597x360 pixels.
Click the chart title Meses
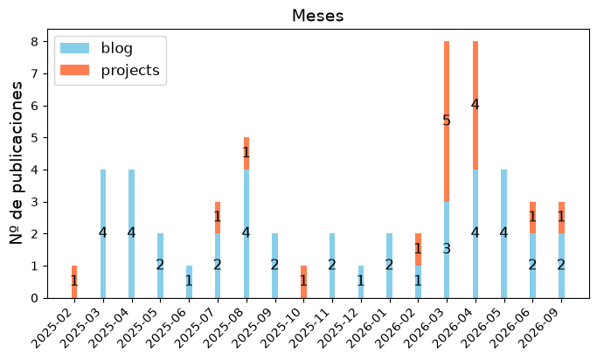pyautogui.click(x=317, y=16)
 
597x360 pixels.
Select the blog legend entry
pyautogui.click(x=97, y=48)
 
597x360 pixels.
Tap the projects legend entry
pyautogui.click(x=110, y=71)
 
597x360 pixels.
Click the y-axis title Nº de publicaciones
pyautogui.click(x=16, y=163)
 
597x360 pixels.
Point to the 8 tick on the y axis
pyautogui.click(x=35, y=41)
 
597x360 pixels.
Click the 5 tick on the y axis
pyautogui.click(x=35, y=138)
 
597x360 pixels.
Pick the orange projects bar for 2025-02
pyautogui.click(x=74, y=282)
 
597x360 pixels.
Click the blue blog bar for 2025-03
pyautogui.click(x=103, y=233)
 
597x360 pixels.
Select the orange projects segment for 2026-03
pyautogui.click(x=447, y=121)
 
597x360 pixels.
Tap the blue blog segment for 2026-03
pyautogui.click(x=447, y=250)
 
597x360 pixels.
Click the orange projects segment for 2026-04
pyautogui.click(x=476, y=106)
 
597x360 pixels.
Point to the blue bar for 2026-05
pyautogui.click(x=503, y=233)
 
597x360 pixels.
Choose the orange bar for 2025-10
pyautogui.click(x=303, y=282)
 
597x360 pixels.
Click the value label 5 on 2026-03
pyautogui.click(x=447, y=121)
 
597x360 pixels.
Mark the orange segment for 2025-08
pyautogui.click(x=246, y=154)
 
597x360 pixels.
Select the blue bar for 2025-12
pyautogui.click(x=361, y=282)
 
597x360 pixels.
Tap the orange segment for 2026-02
pyautogui.click(x=418, y=250)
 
